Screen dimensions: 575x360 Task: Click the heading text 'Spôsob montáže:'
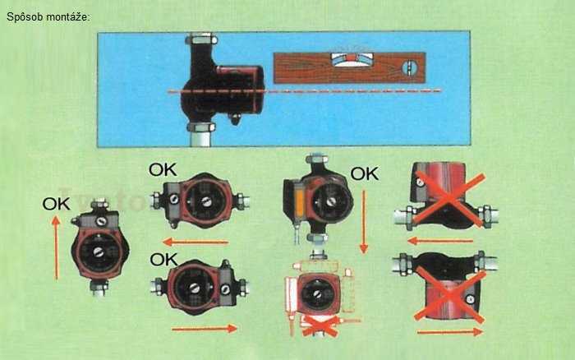pyautogui.click(x=48, y=17)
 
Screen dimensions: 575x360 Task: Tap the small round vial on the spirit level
pyautogui.click(x=410, y=68)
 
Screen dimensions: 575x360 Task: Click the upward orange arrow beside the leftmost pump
pyautogui.click(x=56, y=247)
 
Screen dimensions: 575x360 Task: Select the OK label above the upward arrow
pyautogui.click(x=56, y=204)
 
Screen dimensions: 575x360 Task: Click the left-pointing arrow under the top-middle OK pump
pyautogui.click(x=195, y=242)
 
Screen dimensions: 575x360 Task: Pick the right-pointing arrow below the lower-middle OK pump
pyautogui.click(x=205, y=329)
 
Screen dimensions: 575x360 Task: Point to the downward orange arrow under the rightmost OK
pyautogui.click(x=364, y=222)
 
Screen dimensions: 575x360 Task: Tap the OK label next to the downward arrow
pyautogui.click(x=365, y=174)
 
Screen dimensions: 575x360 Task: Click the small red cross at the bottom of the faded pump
pyautogui.click(x=320, y=325)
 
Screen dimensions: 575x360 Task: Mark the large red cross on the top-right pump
pyautogui.click(x=449, y=199)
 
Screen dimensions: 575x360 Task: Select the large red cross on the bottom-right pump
pyautogui.click(x=449, y=294)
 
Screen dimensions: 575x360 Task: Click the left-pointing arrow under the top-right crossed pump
pyautogui.click(x=440, y=241)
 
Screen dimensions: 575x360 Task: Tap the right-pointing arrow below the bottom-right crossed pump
pyautogui.click(x=450, y=332)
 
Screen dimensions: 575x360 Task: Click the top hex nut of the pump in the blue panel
pyautogui.click(x=201, y=39)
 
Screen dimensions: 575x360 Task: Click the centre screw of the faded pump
pyautogui.click(x=318, y=293)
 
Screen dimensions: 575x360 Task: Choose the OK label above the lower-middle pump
pyautogui.click(x=163, y=260)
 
